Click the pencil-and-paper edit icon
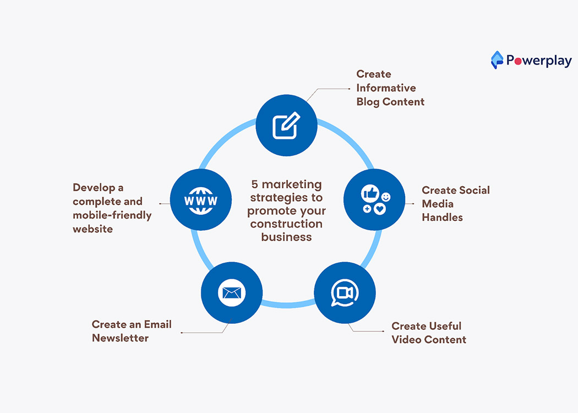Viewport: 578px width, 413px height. pyautogui.click(x=287, y=125)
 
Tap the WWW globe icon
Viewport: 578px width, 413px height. pyautogui.click(x=201, y=200)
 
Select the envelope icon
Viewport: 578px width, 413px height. pyautogui.click(x=231, y=292)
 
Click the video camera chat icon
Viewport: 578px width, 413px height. pyautogui.click(x=344, y=292)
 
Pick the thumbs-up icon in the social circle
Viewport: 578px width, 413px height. pyautogui.click(x=370, y=193)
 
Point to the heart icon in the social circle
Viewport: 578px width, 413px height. pyautogui.click(x=380, y=209)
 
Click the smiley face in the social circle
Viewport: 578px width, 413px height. pyautogui.click(x=386, y=197)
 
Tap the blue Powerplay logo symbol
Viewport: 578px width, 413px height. pyautogui.click(x=497, y=59)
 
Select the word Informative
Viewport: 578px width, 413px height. pyautogui.click(x=386, y=88)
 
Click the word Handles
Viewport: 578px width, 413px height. pyautogui.click(x=442, y=218)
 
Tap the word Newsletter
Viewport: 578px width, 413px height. pyautogui.click(x=120, y=338)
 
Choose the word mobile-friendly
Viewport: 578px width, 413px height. pyautogui.click(x=112, y=215)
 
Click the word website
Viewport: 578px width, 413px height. pyautogui.click(x=92, y=229)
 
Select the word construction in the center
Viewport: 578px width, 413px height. pyautogui.click(x=286, y=224)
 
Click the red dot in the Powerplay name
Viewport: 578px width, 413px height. pyautogui.click(x=517, y=61)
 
